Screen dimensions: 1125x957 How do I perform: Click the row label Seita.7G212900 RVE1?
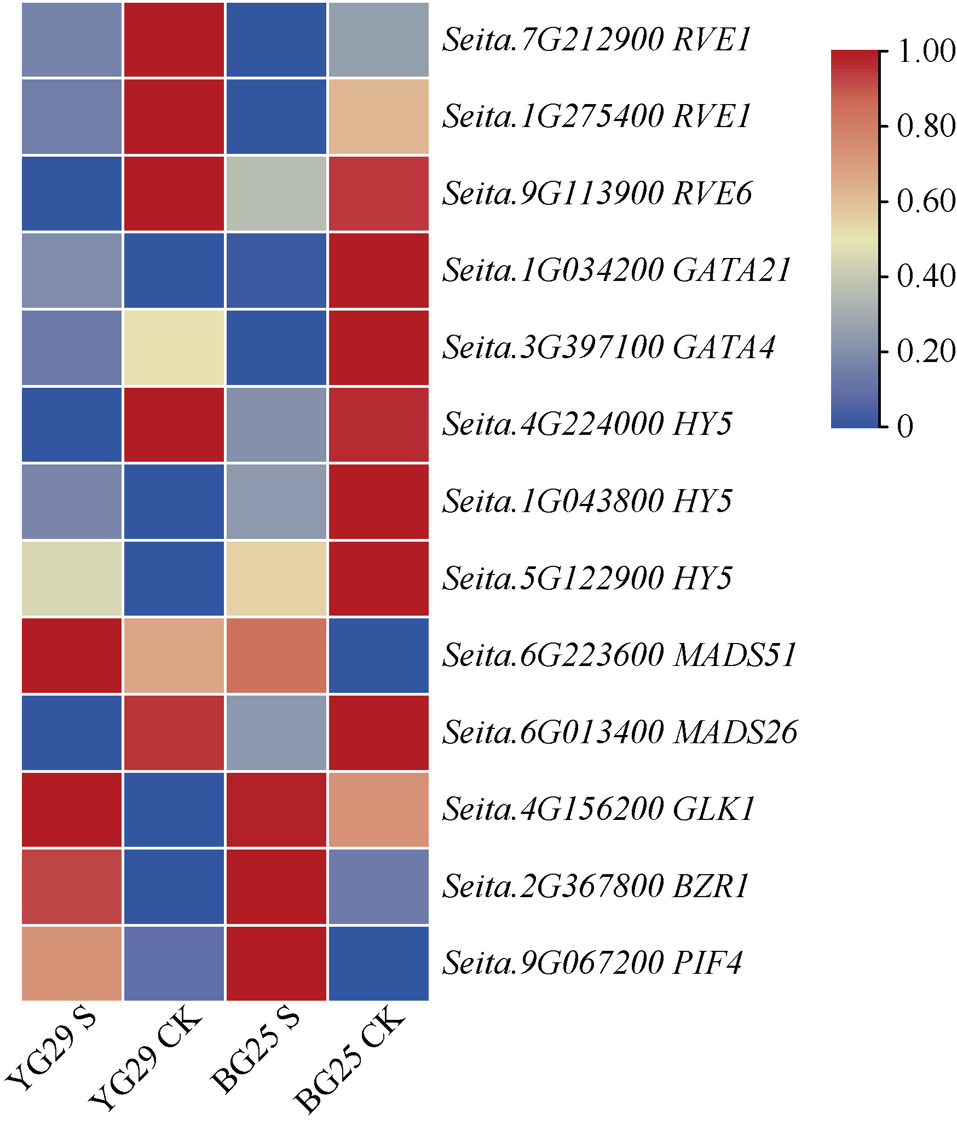(596, 39)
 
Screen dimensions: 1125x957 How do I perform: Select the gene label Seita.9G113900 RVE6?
(597, 193)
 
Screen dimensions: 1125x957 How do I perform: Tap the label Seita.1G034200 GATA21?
(616, 271)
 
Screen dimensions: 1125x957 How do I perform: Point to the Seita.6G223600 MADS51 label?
(619, 655)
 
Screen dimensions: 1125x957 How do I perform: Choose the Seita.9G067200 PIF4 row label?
(592, 963)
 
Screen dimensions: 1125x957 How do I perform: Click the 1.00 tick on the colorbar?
(926, 51)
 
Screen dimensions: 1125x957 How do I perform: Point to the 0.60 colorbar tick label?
(926, 202)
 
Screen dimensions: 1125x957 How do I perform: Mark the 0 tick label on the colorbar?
(906, 426)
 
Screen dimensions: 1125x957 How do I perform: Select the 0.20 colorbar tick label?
(926, 352)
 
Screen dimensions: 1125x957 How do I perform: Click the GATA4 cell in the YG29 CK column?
(174, 348)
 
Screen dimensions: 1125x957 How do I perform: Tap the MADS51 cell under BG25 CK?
(378, 655)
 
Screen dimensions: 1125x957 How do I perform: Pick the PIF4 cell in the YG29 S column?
(72, 963)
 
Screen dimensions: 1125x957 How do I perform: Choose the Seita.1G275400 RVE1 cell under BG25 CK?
(378, 117)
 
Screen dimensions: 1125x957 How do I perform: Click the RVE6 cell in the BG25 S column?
(276, 193)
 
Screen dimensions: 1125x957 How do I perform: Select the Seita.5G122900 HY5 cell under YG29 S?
(72, 578)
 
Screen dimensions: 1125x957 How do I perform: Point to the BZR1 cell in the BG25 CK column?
(378, 886)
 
